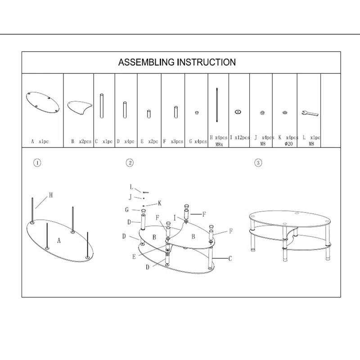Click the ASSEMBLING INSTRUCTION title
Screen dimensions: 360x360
pos(177,62)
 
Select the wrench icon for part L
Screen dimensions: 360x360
pos(310,112)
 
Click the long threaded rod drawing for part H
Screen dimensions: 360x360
pos(217,104)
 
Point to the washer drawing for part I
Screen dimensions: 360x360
pos(238,111)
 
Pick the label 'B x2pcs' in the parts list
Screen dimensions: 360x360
pos(81,141)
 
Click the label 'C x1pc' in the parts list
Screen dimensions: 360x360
pos(104,141)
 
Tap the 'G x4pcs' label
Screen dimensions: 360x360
pos(198,141)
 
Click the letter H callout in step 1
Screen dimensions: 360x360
pos(51,195)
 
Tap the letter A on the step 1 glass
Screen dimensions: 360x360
pos(59,241)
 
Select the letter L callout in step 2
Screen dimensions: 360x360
pos(131,187)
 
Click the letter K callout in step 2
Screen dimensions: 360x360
pos(159,203)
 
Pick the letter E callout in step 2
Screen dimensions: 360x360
pos(134,256)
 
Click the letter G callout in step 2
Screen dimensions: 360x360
pos(127,210)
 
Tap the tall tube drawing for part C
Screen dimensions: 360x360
pos(102,106)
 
